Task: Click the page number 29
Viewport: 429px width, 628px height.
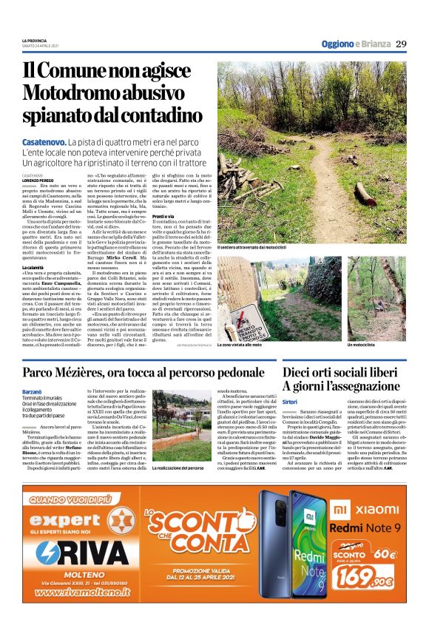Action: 401,44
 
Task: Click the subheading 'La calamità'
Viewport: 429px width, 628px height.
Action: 33,266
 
